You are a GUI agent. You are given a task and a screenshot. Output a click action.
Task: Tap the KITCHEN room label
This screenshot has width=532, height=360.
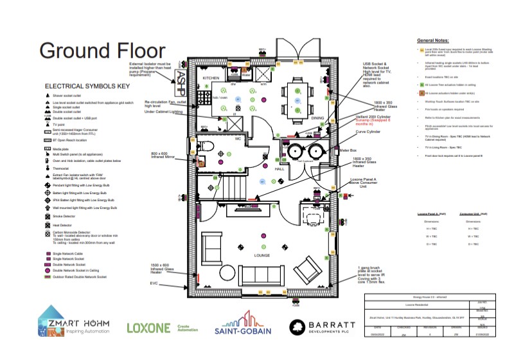click(x=211, y=78)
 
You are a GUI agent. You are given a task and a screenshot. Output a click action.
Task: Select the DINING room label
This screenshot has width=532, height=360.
click(x=317, y=118)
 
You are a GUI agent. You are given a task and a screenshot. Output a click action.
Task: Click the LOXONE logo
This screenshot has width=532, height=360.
click(x=149, y=328)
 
